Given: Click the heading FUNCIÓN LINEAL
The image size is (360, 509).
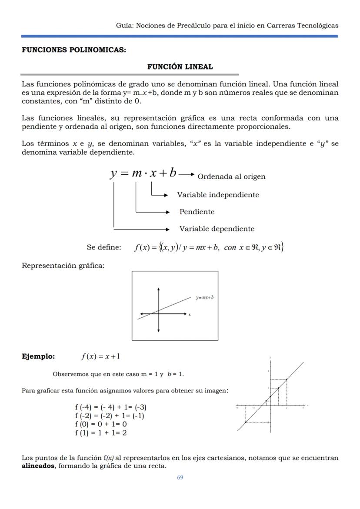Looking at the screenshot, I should (x=180, y=67).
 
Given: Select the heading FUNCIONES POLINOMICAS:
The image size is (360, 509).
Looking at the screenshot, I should (x=74, y=50).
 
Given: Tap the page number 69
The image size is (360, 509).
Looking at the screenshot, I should (x=180, y=477).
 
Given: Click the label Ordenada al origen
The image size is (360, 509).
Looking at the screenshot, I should (x=231, y=176).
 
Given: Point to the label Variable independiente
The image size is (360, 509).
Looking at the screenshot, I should (x=218, y=195).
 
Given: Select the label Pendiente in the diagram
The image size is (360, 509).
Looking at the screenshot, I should (x=197, y=212).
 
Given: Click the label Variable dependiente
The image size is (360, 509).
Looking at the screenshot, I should (x=217, y=229).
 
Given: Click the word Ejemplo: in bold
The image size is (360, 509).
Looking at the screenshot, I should (x=38, y=356).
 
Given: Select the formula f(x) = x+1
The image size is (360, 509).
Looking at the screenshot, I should (x=100, y=356).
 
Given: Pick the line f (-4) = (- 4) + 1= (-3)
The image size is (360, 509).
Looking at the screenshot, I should (x=110, y=407).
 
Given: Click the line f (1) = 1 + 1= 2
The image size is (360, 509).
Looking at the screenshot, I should (x=101, y=432).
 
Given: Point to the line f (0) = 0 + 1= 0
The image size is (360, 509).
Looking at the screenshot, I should (x=101, y=424).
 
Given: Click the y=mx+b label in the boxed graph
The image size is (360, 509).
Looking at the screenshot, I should (x=204, y=298).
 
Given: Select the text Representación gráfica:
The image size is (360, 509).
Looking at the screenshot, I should (x=63, y=265).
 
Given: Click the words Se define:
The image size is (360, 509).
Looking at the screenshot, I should (x=104, y=247).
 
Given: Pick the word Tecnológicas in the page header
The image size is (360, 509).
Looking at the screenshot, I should (x=317, y=25).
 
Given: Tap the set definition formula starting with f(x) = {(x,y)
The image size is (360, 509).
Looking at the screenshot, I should (x=209, y=247).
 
